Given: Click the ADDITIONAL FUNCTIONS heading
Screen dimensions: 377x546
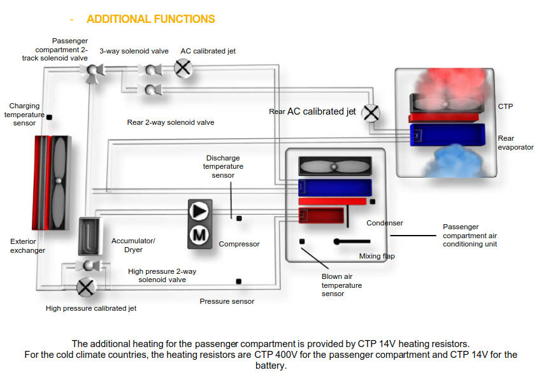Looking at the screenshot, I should pos(150,19).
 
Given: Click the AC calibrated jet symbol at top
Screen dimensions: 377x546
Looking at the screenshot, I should pos(183,68).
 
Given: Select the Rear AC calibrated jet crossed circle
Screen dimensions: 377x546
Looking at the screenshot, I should pos(371,113).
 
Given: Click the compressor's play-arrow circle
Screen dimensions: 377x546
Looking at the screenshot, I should pos(199,211).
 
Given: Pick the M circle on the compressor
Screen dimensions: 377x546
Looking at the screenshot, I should pos(199,236).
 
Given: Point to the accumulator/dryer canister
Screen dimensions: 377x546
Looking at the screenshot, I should pos(89,236).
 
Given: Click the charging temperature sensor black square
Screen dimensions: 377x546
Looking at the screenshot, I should pos(50,117).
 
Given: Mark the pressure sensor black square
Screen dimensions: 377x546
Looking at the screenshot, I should pos(238,281).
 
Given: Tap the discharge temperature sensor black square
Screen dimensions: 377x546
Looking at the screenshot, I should pos(239,218).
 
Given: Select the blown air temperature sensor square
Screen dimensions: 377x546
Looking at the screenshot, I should pos(302,241).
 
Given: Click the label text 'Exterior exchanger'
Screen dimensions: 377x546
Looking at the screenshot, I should pos(27,246).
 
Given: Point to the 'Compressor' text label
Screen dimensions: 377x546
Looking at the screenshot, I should pos(239,244).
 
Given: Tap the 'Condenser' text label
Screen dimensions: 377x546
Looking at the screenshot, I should pos(385,223).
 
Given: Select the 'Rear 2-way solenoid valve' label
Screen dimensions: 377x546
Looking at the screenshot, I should pos(171,122).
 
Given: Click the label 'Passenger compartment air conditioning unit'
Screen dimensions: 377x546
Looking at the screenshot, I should pos(470,235).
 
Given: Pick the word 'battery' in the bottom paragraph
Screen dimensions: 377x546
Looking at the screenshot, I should pos(271,366).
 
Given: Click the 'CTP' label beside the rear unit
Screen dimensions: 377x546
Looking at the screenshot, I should pos(505,106).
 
